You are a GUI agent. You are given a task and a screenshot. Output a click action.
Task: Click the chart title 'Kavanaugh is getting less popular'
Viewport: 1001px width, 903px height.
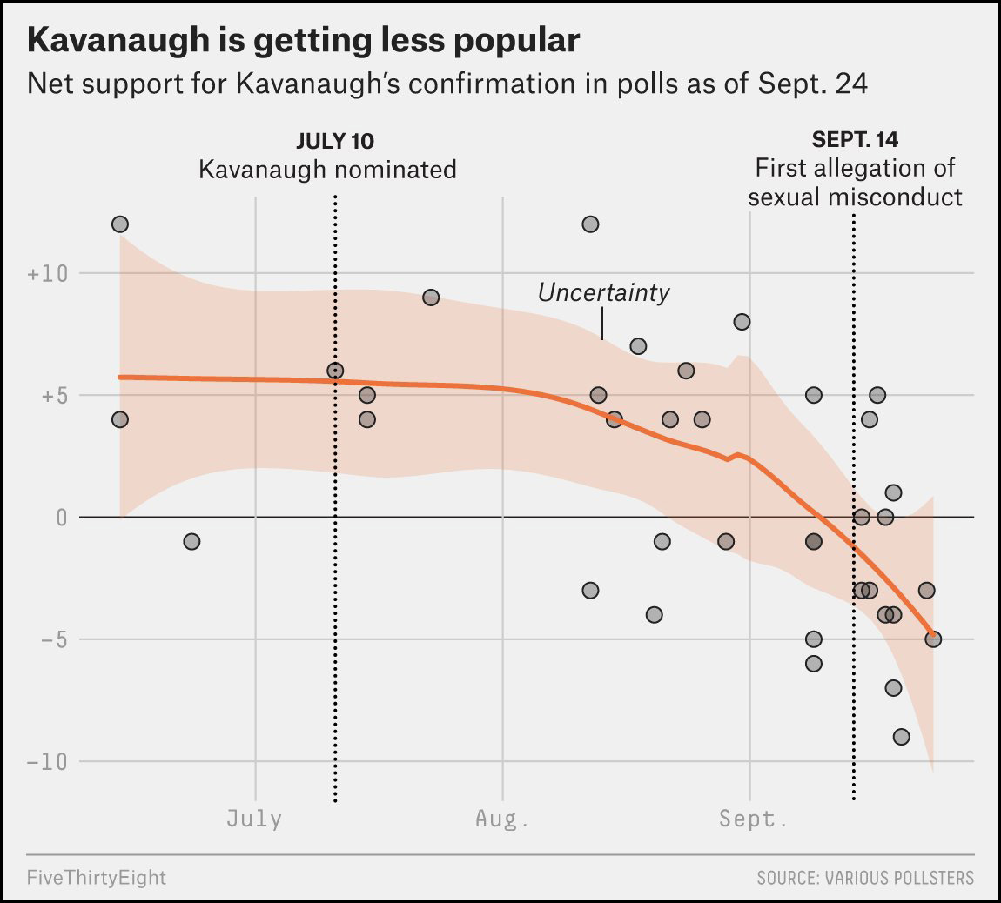[303, 41]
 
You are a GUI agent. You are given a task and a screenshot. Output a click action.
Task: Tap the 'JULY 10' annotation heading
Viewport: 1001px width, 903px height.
[335, 140]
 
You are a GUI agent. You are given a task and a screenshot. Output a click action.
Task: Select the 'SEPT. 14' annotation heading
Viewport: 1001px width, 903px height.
[855, 139]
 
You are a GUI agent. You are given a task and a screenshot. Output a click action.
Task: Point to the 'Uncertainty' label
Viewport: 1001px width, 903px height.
[603, 292]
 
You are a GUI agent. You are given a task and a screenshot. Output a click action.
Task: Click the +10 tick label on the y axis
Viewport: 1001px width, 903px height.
[48, 274]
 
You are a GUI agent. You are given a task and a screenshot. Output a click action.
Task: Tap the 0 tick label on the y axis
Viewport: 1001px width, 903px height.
[62, 518]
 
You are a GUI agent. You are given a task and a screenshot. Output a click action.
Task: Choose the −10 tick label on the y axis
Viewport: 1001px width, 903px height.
[48, 762]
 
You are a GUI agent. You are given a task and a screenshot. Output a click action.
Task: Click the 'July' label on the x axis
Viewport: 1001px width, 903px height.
[254, 819]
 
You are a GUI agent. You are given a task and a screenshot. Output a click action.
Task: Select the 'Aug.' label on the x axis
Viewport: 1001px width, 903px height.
[502, 819]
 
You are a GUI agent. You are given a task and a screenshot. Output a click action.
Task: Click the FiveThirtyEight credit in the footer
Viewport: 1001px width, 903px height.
[96, 877]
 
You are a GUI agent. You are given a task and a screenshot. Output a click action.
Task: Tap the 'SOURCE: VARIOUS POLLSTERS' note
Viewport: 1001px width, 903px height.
[865, 877]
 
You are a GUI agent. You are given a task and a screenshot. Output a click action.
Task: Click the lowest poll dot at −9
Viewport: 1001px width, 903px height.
[901, 737]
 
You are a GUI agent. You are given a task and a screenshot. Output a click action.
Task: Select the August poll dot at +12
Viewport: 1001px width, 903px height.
[590, 224]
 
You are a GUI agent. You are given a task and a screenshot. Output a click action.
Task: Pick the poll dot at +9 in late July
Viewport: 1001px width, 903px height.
[431, 298]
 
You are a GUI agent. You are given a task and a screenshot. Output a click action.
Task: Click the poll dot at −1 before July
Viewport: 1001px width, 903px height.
[192, 542]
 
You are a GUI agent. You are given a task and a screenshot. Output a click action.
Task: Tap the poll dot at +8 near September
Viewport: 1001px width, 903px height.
[742, 322]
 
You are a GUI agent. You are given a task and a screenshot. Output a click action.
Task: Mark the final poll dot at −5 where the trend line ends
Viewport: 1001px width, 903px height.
[933, 639]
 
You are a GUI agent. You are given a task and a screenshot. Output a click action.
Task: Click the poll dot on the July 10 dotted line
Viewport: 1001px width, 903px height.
[335, 371]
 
